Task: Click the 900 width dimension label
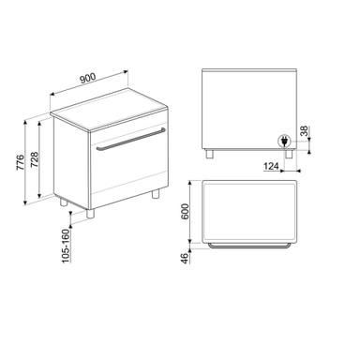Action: point(87,78)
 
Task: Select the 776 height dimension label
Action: point(20,162)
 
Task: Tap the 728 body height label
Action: point(34,159)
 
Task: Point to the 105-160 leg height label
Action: point(66,246)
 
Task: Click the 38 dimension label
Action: point(304,130)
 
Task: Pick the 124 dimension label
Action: point(271,166)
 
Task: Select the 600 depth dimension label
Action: point(186,212)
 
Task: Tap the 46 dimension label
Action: point(186,258)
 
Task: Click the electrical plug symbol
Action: point(284,141)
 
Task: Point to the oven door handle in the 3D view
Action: point(131,139)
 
